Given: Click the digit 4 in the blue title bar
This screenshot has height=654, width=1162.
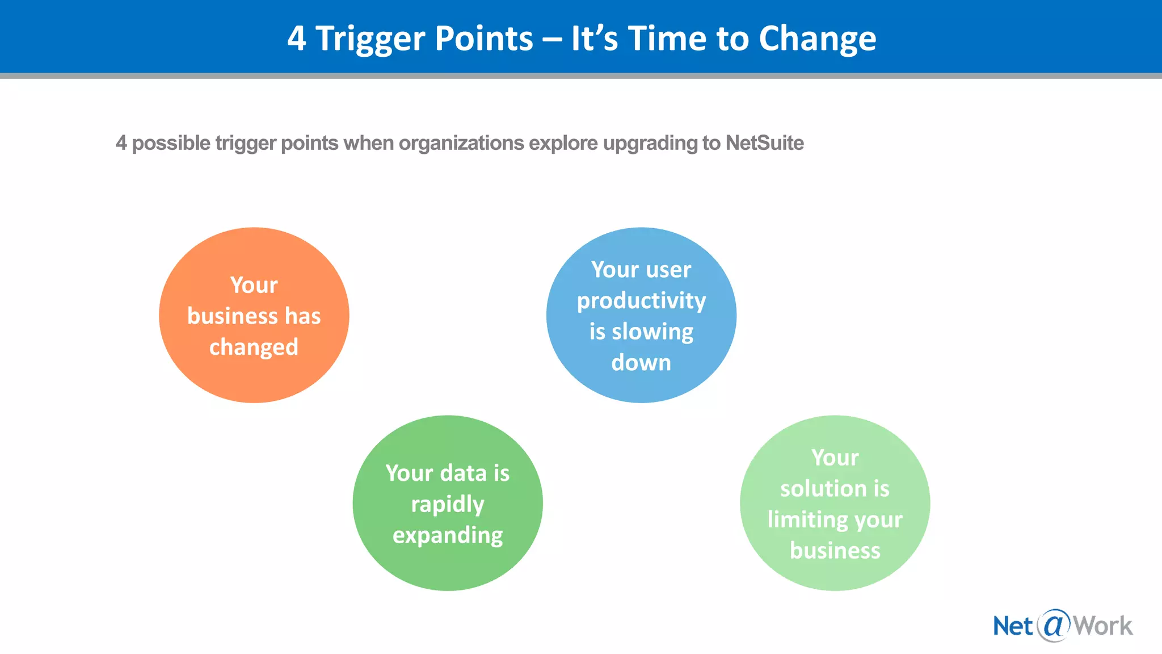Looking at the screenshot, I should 296,39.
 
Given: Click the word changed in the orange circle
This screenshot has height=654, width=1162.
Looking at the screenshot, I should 254,347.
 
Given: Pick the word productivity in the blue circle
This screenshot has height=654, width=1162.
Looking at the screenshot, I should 641,301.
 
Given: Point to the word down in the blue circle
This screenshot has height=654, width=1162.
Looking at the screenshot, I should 641,363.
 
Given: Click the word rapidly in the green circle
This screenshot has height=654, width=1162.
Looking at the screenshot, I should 447,504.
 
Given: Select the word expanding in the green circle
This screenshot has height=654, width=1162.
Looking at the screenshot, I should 447,535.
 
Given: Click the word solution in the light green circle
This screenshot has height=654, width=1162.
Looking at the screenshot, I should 818,488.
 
